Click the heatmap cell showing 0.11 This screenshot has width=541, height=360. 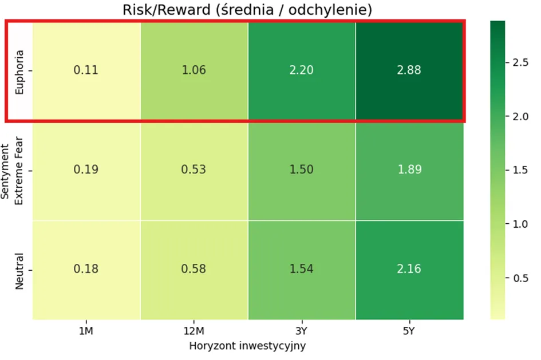86,71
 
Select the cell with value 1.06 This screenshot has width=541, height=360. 194,71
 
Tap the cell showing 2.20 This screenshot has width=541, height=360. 302,71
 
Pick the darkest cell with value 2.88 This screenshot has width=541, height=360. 409,71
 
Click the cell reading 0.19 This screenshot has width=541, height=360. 86,171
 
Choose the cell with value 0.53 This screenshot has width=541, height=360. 194,171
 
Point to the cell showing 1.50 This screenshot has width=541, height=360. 302,171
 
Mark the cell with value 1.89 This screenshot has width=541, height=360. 409,171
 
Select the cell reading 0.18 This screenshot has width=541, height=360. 86,270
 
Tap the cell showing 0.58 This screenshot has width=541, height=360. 194,270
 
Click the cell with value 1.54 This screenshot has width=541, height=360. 302,270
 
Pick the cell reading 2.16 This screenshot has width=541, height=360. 409,270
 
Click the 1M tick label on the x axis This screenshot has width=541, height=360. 86,331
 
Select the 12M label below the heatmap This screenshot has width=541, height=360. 194,331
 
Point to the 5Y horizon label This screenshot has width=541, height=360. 409,331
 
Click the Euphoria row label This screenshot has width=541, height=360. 19,72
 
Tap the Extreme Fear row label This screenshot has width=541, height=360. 19,171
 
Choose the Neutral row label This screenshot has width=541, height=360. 19,271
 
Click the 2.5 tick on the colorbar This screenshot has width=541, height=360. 520,62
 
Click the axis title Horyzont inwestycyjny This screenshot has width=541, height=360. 247,346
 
